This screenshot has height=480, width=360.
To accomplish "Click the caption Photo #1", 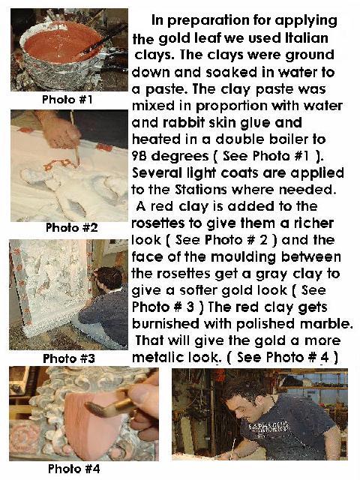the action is pos(67,100).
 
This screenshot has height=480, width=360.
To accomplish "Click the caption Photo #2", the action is pos(72,227).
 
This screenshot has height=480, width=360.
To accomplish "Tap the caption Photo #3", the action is pos(69,358).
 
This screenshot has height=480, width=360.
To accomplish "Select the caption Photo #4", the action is pos(73,469).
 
